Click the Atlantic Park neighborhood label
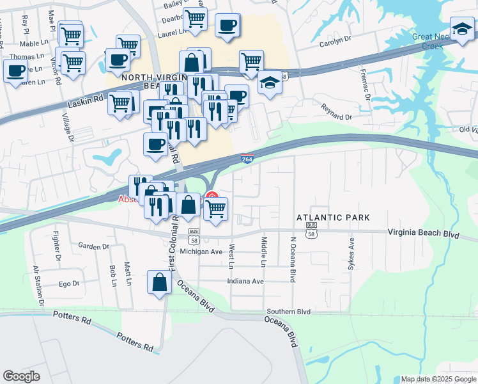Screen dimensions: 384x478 click(333, 218)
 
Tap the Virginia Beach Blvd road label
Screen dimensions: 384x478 click(423, 234)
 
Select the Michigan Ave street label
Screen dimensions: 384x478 click(200, 252)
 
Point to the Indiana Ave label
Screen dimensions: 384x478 click(246, 281)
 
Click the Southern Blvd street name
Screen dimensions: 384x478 click(288, 312)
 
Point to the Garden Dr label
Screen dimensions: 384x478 click(94, 246)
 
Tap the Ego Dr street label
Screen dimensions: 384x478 click(68, 283)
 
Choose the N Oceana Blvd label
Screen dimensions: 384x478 click(293, 260)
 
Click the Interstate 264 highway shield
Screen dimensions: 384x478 click(247, 159)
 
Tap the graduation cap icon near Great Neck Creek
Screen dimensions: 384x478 click(462, 28)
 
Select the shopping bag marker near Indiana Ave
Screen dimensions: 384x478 click(159, 282)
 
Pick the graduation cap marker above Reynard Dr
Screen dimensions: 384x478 click(270, 83)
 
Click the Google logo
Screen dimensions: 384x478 click(21, 376)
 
